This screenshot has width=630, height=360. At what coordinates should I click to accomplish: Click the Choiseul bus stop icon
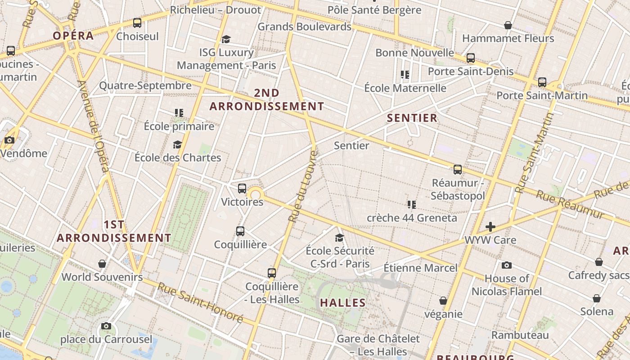click(x=137, y=23)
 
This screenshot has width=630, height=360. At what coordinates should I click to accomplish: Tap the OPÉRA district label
click(x=73, y=36)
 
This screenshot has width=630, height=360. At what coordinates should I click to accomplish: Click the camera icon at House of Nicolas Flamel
click(x=507, y=265)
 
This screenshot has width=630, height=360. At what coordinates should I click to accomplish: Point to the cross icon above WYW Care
click(x=490, y=227)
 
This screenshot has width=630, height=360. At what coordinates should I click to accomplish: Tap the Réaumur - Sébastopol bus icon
click(x=458, y=170)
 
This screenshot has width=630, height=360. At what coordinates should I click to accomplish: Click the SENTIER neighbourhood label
click(x=412, y=118)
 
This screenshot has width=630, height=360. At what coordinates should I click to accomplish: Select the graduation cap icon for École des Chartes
click(x=178, y=144)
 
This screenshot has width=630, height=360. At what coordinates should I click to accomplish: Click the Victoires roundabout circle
click(x=256, y=195)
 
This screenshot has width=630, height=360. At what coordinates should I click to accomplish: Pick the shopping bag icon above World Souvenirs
click(x=102, y=263)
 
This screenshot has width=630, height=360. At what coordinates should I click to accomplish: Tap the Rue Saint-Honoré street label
click(x=200, y=302)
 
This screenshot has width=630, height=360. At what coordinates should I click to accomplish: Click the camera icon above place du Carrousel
click(x=106, y=326)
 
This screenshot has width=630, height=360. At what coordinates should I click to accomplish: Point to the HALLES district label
click(x=343, y=303)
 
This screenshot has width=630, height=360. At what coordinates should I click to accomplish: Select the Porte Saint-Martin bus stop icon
click(x=542, y=82)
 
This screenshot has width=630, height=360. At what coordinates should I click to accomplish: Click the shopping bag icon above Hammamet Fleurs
click(x=508, y=25)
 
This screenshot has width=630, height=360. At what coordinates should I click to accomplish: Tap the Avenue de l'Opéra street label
click(x=93, y=126)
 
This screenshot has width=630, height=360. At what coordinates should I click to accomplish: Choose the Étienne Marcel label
click(x=420, y=268)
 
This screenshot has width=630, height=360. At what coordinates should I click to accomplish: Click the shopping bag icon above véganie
click(x=443, y=301)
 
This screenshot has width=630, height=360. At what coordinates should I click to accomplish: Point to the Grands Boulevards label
click(x=304, y=27)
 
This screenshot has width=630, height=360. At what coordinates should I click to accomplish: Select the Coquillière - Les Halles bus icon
click(x=271, y=273)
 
